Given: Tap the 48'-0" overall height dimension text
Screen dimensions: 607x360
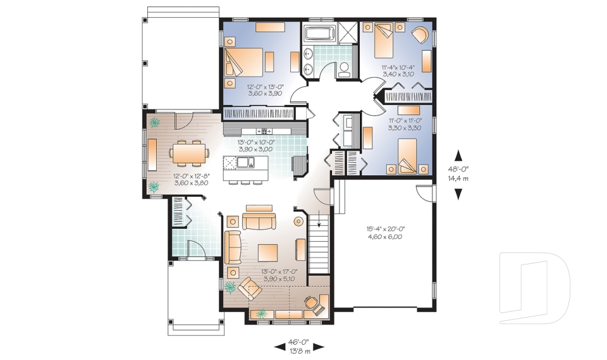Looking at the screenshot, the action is (458, 169).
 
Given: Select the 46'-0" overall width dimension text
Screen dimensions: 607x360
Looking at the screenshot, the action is (299, 342).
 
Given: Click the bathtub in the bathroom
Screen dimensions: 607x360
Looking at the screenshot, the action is (319, 34).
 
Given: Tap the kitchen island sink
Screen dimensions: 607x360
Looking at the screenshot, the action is (245, 162).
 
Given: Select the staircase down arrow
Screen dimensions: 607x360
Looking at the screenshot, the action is (319, 218).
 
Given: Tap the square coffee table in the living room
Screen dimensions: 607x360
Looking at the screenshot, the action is (268, 252).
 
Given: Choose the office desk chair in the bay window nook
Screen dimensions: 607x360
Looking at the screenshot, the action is (313, 304).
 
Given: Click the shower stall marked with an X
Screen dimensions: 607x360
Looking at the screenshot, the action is (348, 32).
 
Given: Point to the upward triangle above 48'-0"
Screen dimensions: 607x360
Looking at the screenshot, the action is (458, 156).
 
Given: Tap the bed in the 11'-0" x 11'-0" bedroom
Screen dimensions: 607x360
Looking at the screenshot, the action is (407, 156).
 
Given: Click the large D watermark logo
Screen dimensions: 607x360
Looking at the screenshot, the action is (535, 288).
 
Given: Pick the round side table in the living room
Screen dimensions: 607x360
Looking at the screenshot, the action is (298, 221).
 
